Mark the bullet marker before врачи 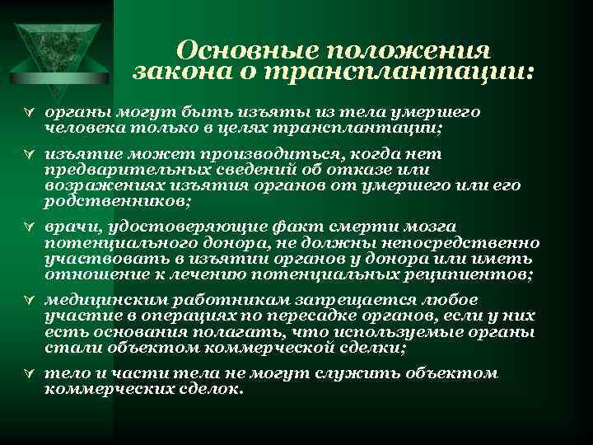(30, 227)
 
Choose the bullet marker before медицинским (30, 300)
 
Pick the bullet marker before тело (30, 373)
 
